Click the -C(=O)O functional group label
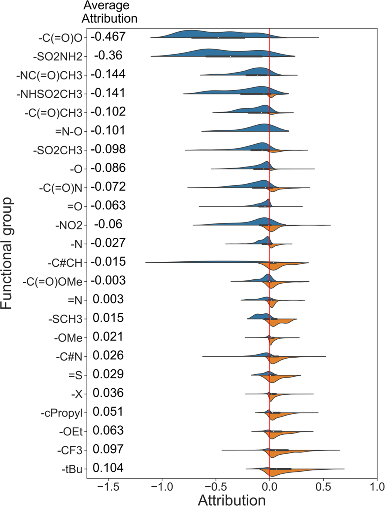(x=60, y=38)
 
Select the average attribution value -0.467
(x=108, y=37)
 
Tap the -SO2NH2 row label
(x=58, y=57)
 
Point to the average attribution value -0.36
(x=108, y=56)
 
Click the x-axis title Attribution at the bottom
(x=232, y=500)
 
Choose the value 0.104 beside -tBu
(x=108, y=468)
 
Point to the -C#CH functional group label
(x=65, y=263)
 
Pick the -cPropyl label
(x=62, y=413)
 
